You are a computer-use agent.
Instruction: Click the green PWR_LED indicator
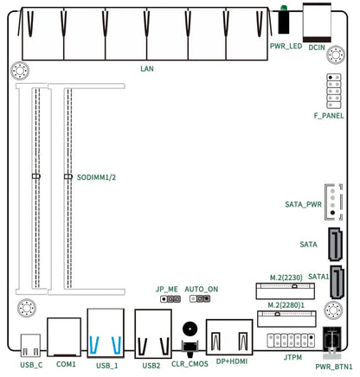point(283,18)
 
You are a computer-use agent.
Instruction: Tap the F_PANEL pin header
point(333,89)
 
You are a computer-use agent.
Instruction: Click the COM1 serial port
point(66,337)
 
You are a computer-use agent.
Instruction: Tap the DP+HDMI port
point(229,337)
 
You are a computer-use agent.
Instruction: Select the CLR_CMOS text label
point(190,365)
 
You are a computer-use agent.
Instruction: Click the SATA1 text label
point(318,275)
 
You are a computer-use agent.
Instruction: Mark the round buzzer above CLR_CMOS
point(190,330)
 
